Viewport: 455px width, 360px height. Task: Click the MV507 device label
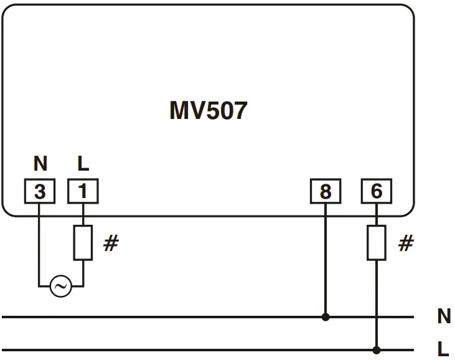click(208, 111)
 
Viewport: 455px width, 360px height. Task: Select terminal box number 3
click(39, 192)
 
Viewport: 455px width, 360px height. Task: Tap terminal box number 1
click(82, 192)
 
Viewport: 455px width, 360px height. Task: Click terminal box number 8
click(326, 192)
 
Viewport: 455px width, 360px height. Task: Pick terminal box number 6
click(377, 192)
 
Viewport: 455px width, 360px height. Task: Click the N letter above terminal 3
click(40, 164)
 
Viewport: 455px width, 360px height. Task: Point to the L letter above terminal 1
click(83, 164)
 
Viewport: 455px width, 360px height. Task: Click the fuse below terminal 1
click(83, 243)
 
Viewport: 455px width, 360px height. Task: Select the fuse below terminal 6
click(376, 243)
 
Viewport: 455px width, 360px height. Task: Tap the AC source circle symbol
click(60, 287)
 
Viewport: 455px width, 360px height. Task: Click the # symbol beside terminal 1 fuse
click(111, 244)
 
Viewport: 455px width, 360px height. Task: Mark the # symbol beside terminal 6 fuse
click(406, 244)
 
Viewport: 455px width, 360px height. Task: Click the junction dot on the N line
click(326, 317)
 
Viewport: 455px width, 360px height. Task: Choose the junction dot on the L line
click(376, 349)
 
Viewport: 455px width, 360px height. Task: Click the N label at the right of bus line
click(444, 317)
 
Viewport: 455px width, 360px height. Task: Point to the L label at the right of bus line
click(444, 349)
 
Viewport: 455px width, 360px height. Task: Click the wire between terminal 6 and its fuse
click(376, 215)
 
